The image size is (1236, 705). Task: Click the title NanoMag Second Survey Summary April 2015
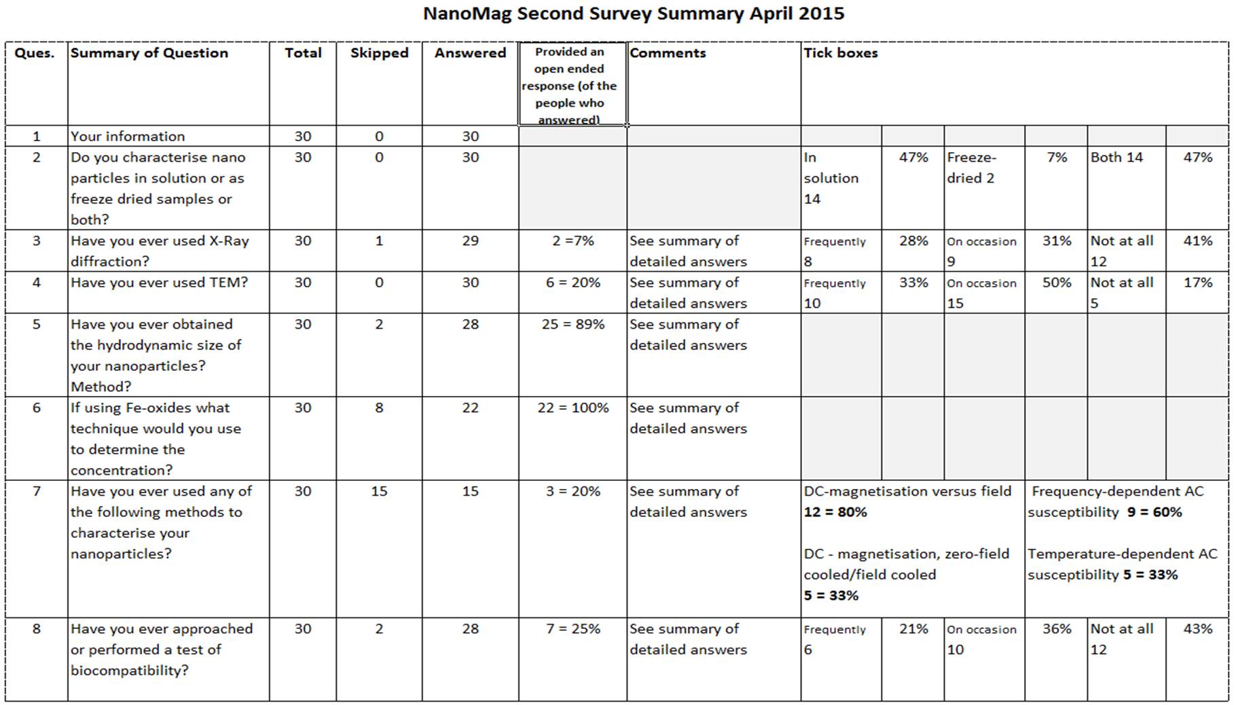point(634,14)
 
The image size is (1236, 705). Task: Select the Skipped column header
point(379,53)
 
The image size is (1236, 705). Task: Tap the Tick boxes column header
point(841,53)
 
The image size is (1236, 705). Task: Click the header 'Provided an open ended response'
point(569,86)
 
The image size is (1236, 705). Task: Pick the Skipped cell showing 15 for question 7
point(379,491)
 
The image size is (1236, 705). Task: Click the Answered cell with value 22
point(471,408)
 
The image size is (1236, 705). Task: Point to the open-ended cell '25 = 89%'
point(573,324)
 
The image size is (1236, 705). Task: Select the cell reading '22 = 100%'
point(573,408)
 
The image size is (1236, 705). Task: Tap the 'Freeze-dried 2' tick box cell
point(972,168)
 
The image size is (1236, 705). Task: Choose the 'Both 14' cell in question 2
point(1116,157)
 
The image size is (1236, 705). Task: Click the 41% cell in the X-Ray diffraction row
point(1198,240)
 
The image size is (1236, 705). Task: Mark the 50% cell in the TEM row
point(1057,283)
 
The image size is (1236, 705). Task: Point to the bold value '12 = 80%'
point(835,512)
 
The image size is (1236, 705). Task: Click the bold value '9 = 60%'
point(1155,512)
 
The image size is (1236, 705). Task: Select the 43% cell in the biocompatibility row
point(1198,629)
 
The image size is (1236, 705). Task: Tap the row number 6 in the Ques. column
point(37,408)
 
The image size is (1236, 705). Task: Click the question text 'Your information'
point(128,136)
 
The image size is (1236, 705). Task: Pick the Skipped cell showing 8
point(379,408)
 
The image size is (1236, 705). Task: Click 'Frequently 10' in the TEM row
point(835,293)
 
